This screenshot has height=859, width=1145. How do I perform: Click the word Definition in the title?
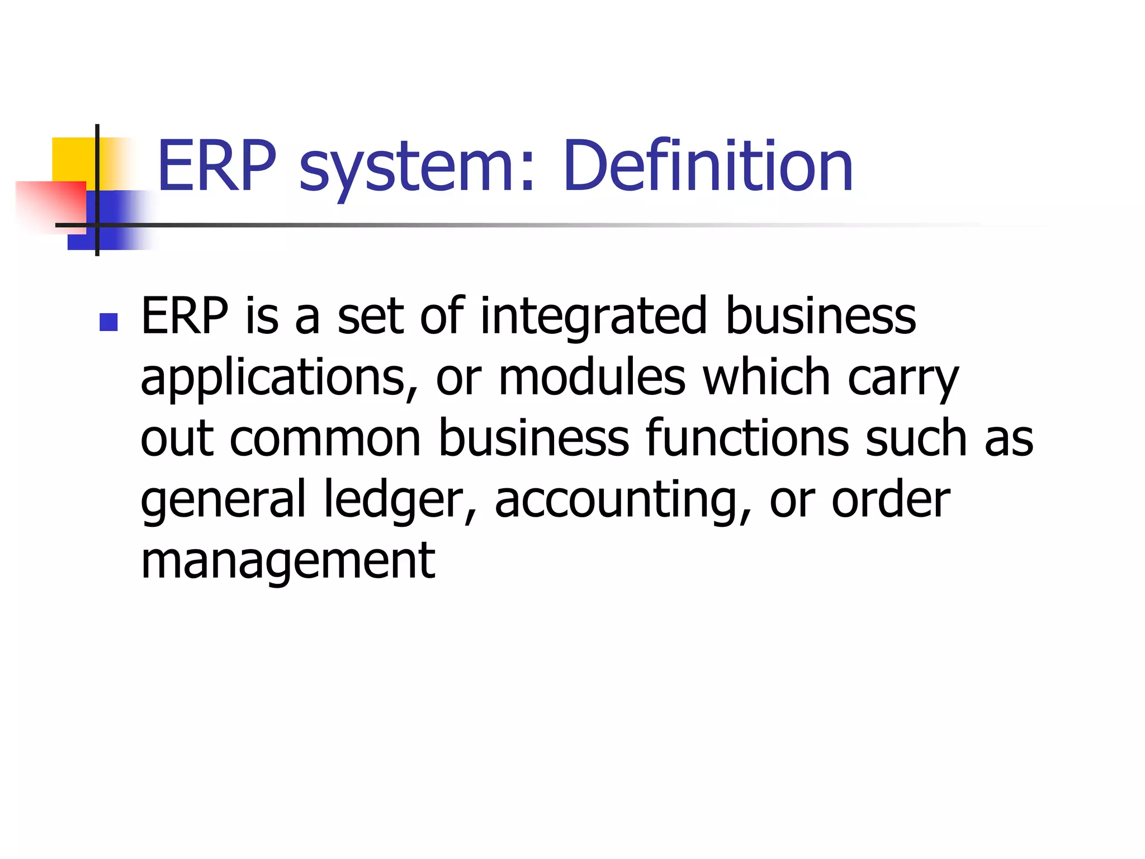(x=708, y=166)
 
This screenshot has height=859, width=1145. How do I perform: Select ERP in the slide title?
(x=217, y=166)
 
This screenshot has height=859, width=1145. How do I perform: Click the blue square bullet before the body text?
(x=108, y=322)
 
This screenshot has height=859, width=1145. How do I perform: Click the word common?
(x=325, y=438)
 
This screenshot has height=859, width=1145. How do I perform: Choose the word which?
(x=766, y=378)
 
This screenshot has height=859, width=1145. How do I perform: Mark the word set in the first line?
(x=370, y=317)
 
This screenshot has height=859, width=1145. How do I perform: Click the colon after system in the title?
(x=526, y=173)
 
